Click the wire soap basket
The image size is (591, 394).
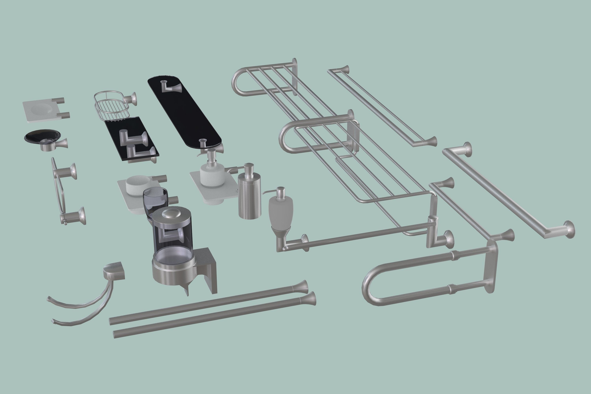111,107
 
